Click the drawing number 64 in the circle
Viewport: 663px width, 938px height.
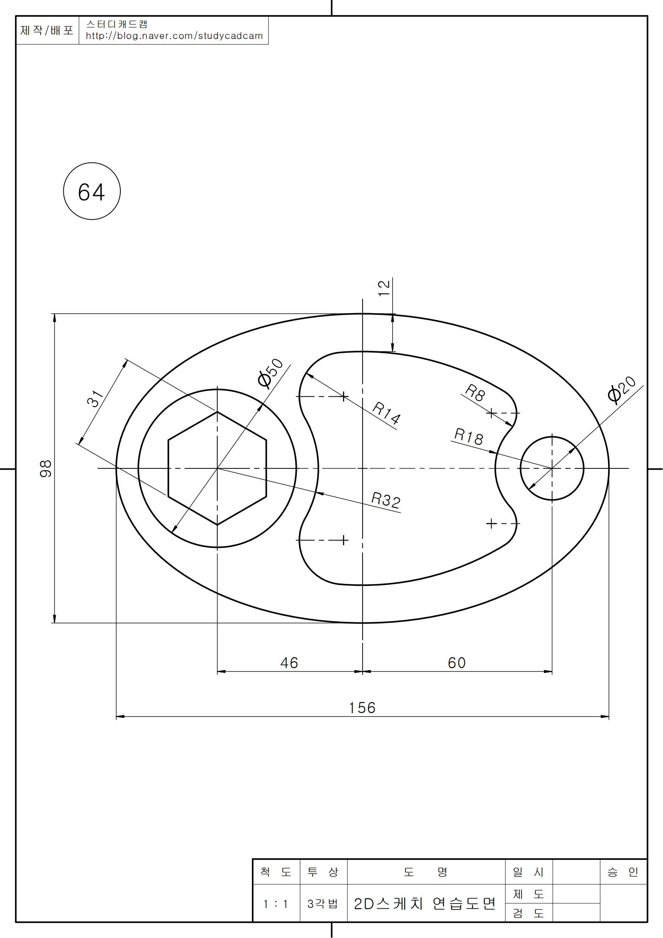pyautogui.click(x=91, y=192)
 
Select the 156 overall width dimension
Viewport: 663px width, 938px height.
pyautogui.click(x=362, y=708)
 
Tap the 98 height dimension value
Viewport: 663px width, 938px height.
pyautogui.click(x=45, y=468)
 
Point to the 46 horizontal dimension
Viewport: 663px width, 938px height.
pyautogui.click(x=289, y=662)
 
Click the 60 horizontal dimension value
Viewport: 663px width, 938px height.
pyautogui.click(x=456, y=662)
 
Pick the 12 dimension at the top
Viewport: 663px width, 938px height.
pyautogui.click(x=384, y=288)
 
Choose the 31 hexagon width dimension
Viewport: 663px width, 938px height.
pyautogui.click(x=95, y=398)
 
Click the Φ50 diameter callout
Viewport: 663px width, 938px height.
pyautogui.click(x=270, y=373)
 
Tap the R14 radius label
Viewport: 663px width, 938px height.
pyautogui.click(x=386, y=413)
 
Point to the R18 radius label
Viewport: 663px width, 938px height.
pyautogui.click(x=468, y=437)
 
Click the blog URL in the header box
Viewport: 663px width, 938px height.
pyautogui.click(x=174, y=36)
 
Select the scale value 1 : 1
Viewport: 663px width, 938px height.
pyautogui.click(x=276, y=904)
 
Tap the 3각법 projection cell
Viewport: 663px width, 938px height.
pyautogui.click(x=323, y=904)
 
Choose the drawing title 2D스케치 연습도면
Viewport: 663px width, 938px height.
pyautogui.click(x=425, y=904)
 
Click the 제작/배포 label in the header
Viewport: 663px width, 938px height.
pyautogui.click(x=47, y=30)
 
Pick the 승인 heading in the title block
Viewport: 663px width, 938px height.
pyautogui.click(x=623, y=872)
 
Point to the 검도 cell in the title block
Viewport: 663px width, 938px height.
pyautogui.click(x=528, y=913)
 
